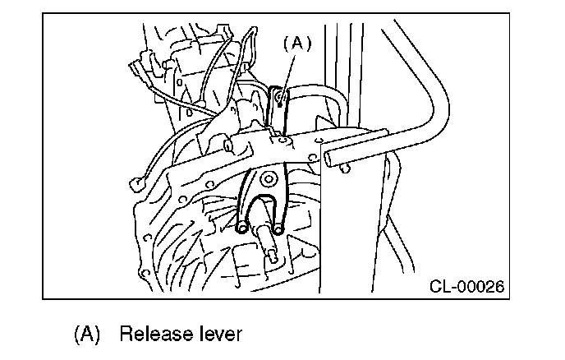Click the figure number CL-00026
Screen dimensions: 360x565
[466, 286]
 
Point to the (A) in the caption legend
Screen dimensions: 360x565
[88, 335]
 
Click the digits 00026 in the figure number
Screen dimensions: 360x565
[480, 286]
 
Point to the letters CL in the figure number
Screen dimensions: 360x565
[439, 286]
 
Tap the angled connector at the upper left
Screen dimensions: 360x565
[140, 70]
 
